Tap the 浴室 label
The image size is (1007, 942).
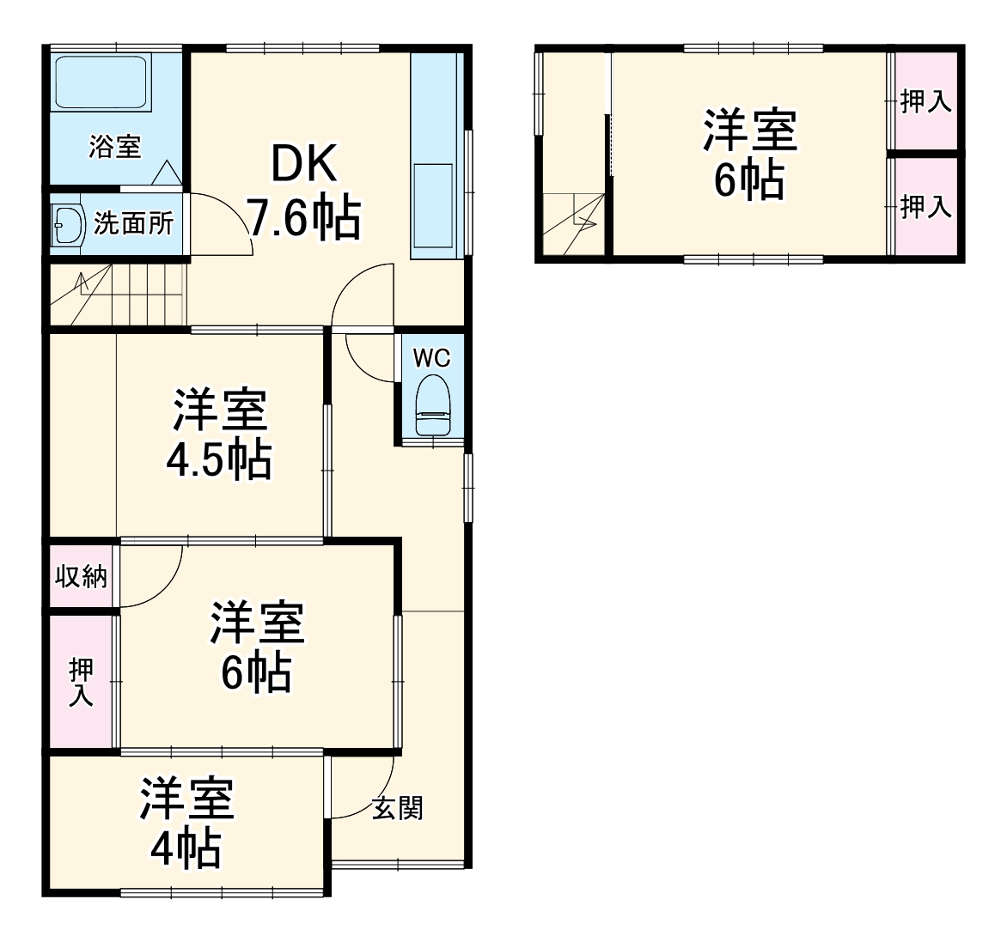coord(115,147)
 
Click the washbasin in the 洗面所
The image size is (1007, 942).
coord(65,226)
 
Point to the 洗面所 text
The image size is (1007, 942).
coord(134,224)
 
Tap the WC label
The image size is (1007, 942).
coord(431,358)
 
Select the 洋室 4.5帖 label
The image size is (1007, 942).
coord(220,435)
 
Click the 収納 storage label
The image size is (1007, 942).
coord(82,576)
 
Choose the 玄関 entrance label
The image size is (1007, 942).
coord(397,808)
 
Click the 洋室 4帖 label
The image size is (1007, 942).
coord(186,823)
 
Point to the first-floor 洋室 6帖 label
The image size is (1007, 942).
coord(257,647)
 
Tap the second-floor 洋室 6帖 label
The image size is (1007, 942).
coord(750,155)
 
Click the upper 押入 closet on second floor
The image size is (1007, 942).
coord(925,102)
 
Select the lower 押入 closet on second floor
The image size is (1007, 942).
coord(925,206)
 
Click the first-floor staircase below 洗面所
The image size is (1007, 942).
coord(117,294)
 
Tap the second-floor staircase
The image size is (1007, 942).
coord(573,223)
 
